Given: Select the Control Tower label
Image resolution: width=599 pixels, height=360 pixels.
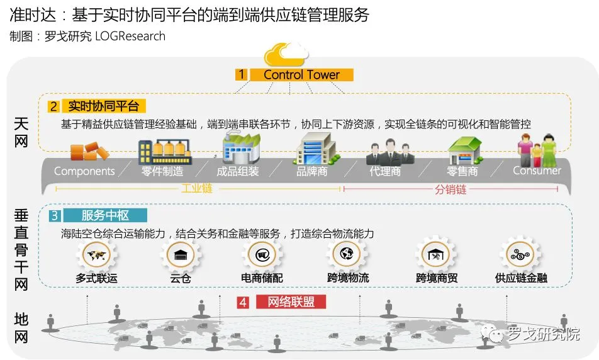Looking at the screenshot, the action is coord(301,75).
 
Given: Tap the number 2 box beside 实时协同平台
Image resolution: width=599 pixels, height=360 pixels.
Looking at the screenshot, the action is coord(55,106).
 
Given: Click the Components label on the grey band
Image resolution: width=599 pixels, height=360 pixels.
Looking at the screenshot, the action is coord(84,171).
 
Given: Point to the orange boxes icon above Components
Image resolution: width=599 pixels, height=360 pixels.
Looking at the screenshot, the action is coord(89,152).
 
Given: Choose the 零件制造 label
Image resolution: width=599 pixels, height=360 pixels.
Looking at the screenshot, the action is coord(162,171).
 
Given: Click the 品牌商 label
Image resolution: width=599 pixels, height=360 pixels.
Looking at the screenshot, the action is coord(312,171).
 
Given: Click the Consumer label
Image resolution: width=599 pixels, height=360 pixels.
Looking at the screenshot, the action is coord(537,171).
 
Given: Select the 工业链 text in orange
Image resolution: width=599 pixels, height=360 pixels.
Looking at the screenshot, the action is coord(197,189).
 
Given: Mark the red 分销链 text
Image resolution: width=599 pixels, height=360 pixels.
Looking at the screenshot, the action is coord(451,189).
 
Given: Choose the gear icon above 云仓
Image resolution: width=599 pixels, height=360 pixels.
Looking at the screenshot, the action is coord(180,256).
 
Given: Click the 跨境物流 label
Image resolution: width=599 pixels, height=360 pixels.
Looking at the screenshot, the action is coord(348,277).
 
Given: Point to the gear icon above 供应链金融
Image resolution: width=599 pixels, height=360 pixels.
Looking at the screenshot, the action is coord(520,256).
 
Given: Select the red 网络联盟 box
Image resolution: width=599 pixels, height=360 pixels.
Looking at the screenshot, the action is coord(291,302).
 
